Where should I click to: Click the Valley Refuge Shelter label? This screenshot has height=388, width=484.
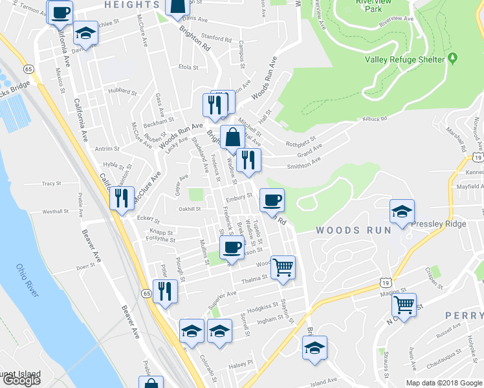405,59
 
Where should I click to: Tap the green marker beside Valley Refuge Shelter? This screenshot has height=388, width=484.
453,59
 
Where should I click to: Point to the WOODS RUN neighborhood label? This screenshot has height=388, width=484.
353,230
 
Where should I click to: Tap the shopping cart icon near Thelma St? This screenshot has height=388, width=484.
283,266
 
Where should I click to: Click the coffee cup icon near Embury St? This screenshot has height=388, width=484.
272,199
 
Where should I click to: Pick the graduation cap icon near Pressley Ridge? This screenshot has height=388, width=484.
402,211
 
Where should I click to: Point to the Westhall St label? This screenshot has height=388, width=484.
55,211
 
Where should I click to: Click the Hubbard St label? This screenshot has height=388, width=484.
120,91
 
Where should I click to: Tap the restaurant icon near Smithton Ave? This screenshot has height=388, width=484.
248,160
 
